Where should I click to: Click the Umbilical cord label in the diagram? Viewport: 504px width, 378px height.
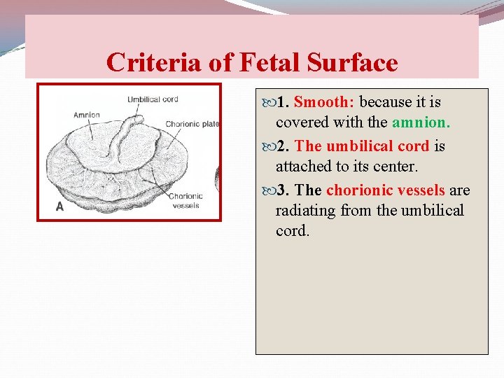tap(153, 99)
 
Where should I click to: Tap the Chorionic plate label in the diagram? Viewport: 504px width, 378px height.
tap(192, 125)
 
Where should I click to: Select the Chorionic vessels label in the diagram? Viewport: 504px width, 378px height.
tap(185, 201)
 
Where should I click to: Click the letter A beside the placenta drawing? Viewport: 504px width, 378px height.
tap(59, 207)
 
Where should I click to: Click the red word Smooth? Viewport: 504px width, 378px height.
tap(324, 102)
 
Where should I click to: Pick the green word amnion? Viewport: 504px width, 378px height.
tap(421, 122)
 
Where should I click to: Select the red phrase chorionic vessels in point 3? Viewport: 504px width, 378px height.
tap(385, 190)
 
